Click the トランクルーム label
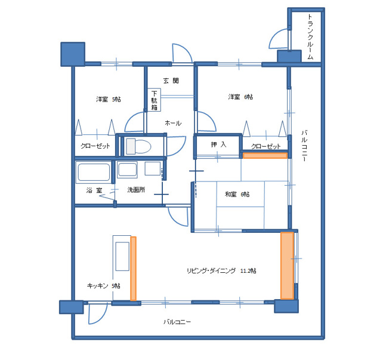(x=310, y=37)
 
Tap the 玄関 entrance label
(x=171, y=81)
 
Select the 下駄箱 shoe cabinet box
(x=154, y=100)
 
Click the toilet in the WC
(x=138, y=146)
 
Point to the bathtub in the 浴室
(x=94, y=173)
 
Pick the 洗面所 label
(x=136, y=190)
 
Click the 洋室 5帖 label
(x=109, y=99)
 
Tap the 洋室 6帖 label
(x=240, y=97)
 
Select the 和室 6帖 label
(x=237, y=194)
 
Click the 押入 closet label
(x=218, y=144)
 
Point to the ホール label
(x=173, y=123)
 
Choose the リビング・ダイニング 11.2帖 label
(x=221, y=270)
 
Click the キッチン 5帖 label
(x=104, y=286)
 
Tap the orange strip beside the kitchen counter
(x=133, y=269)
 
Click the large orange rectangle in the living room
(x=288, y=266)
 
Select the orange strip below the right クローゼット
(x=265, y=156)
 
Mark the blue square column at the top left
(x=73, y=54)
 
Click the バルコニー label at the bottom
(x=177, y=322)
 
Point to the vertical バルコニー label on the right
(x=304, y=146)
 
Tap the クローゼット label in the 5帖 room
(x=95, y=146)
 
